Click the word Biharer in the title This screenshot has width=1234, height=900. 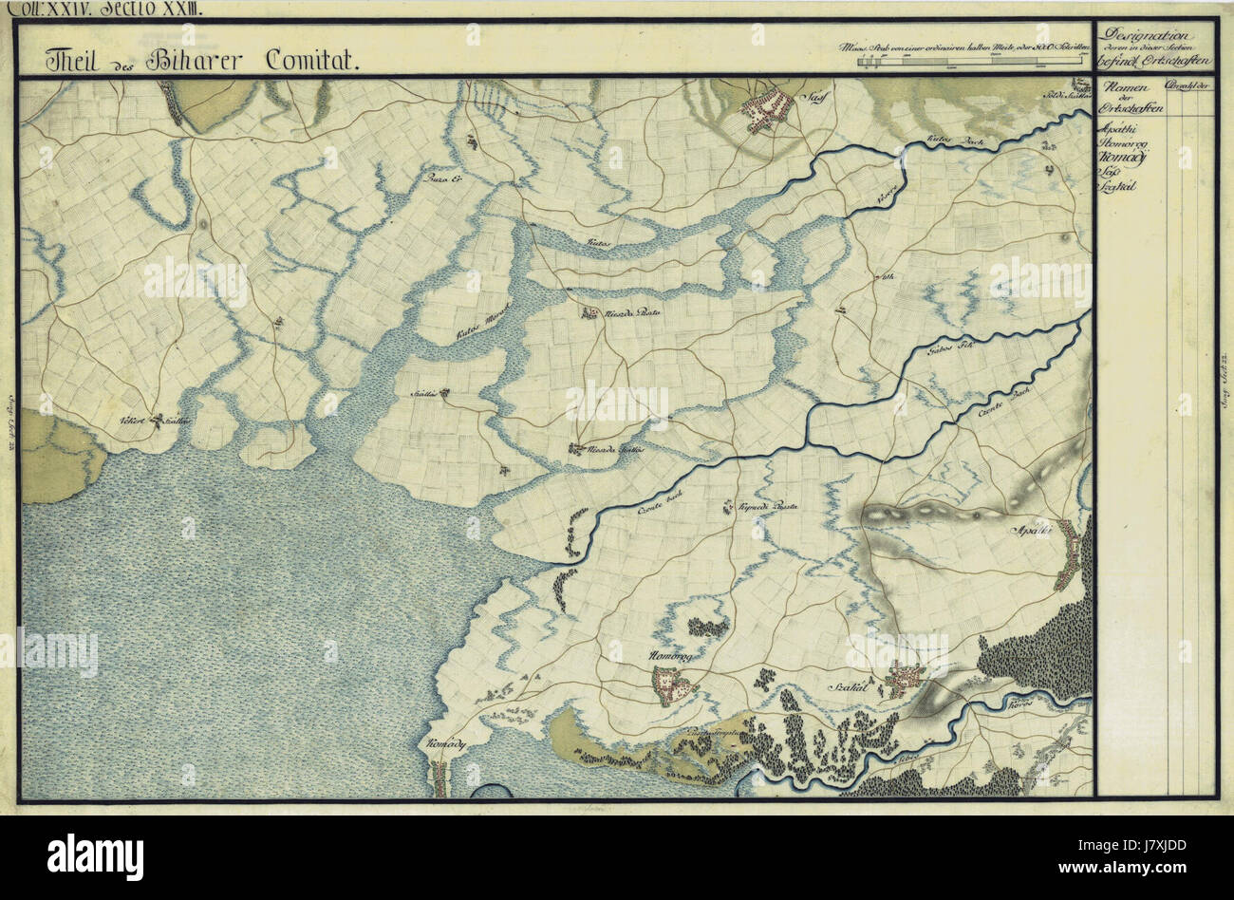pyautogui.click(x=203, y=61)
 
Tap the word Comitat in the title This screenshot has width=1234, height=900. pyautogui.click(x=309, y=61)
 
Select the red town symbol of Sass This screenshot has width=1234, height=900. pyautogui.click(x=767, y=110)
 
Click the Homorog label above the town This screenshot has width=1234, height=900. pyautogui.click(x=670, y=658)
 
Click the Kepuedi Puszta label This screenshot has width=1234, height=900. pyautogui.click(x=770, y=508)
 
